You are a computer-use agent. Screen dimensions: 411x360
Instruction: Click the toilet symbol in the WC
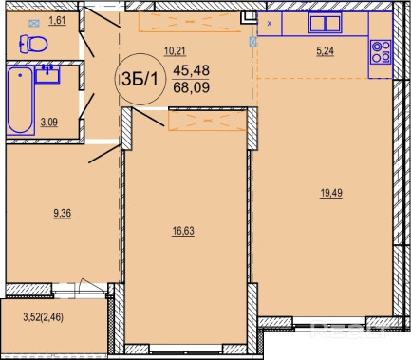pos(33,44)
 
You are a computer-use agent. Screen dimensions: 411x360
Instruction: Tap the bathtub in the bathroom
pos(20,100)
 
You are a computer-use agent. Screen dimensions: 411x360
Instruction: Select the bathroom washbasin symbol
pos(47,74)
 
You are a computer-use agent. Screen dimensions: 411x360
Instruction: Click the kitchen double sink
pos(325,23)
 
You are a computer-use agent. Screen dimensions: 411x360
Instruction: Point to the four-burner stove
pos(381,51)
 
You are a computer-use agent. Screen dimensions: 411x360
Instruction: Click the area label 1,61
pos(57,21)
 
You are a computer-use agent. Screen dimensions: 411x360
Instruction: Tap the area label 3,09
pos(49,123)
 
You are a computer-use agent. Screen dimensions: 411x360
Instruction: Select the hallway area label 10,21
pos(175,51)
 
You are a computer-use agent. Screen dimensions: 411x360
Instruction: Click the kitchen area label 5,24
pos(325,51)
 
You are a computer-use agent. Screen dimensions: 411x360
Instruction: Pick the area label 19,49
pos(331,193)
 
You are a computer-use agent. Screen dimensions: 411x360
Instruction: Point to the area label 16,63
pos(183,231)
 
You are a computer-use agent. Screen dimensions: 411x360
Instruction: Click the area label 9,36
pos(63,214)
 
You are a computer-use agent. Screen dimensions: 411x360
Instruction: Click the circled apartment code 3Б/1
pos(140,79)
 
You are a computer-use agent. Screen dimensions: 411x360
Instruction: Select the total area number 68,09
pos(192,87)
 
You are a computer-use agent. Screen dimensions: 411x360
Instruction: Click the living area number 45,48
pos(191,70)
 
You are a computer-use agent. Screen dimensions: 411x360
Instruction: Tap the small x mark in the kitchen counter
pos(270,23)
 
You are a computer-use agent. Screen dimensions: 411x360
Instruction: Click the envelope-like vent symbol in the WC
pos(34,23)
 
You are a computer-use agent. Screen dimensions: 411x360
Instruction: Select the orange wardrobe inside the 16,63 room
pos(207,121)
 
